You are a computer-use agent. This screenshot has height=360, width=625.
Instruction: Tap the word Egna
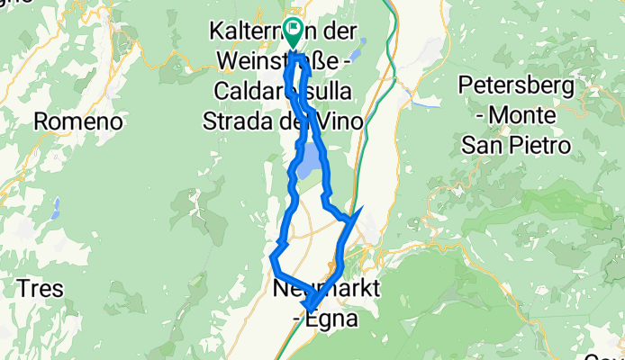click(x=336, y=318)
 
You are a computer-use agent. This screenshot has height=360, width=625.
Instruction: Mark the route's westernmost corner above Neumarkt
click(x=272, y=259)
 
